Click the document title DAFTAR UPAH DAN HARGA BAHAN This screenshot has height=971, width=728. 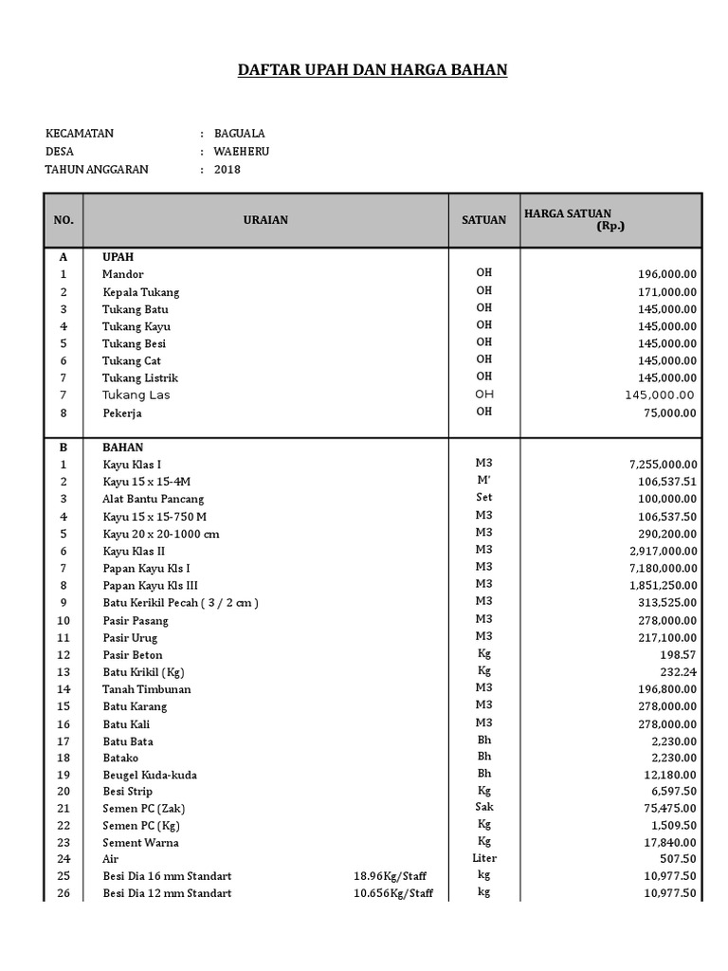372,69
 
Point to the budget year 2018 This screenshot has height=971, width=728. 227,170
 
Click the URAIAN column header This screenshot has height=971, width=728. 265,220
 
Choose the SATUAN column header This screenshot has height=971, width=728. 483,220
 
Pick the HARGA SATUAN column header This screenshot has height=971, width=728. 568,214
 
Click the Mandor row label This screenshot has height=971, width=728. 123,274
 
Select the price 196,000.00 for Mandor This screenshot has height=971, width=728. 666,274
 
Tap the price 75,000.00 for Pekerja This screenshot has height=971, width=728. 669,412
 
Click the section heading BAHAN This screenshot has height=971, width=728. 123,447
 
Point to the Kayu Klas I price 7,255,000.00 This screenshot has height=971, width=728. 663,465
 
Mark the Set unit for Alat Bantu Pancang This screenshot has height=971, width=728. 484,497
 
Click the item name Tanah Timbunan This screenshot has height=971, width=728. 147,689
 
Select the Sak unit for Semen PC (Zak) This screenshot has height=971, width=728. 484,807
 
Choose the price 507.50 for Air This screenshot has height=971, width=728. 678,859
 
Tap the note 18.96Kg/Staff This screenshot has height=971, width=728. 392,876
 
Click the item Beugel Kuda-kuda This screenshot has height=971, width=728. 150,775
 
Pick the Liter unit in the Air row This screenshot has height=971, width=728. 484,858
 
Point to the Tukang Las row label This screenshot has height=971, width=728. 136,395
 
